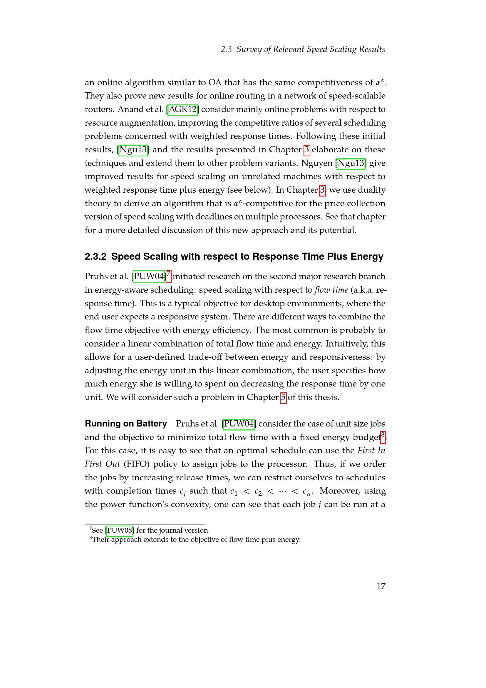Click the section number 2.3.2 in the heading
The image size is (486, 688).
[x=95, y=256]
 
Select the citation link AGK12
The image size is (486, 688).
[x=182, y=109]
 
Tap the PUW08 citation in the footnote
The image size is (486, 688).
[x=119, y=530]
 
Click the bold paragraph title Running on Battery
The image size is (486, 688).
[x=126, y=423]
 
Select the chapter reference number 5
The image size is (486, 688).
[x=283, y=397]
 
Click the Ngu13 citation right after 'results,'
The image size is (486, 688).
[x=133, y=150]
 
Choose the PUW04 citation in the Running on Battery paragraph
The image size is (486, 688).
[x=239, y=424]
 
